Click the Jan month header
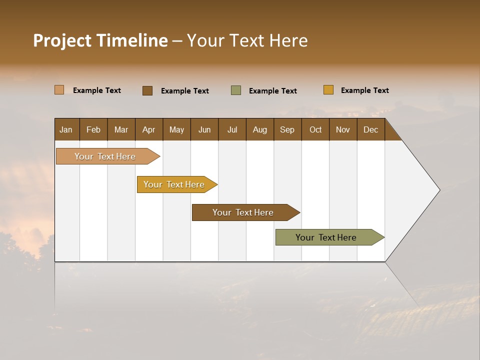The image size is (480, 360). pos(66,129)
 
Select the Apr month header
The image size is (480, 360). pos(148,129)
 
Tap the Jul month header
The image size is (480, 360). pos(232,129)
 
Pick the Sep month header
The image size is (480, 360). pos(287,129)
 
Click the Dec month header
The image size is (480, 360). pos(370,129)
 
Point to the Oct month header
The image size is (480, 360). pos(315,129)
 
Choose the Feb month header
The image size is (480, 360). pos(93,129)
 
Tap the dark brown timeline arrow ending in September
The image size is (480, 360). pos(243,212)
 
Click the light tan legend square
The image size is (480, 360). pos(59,90)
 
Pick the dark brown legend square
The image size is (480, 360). pos(147,90)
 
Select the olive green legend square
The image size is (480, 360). pos(236,90)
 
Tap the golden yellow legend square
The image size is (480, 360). pos(328,90)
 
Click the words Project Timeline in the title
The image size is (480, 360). pos(100,40)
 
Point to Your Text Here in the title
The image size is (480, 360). pos(247,40)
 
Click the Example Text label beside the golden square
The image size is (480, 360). pos(364,90)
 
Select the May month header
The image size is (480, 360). pos(176,129)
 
